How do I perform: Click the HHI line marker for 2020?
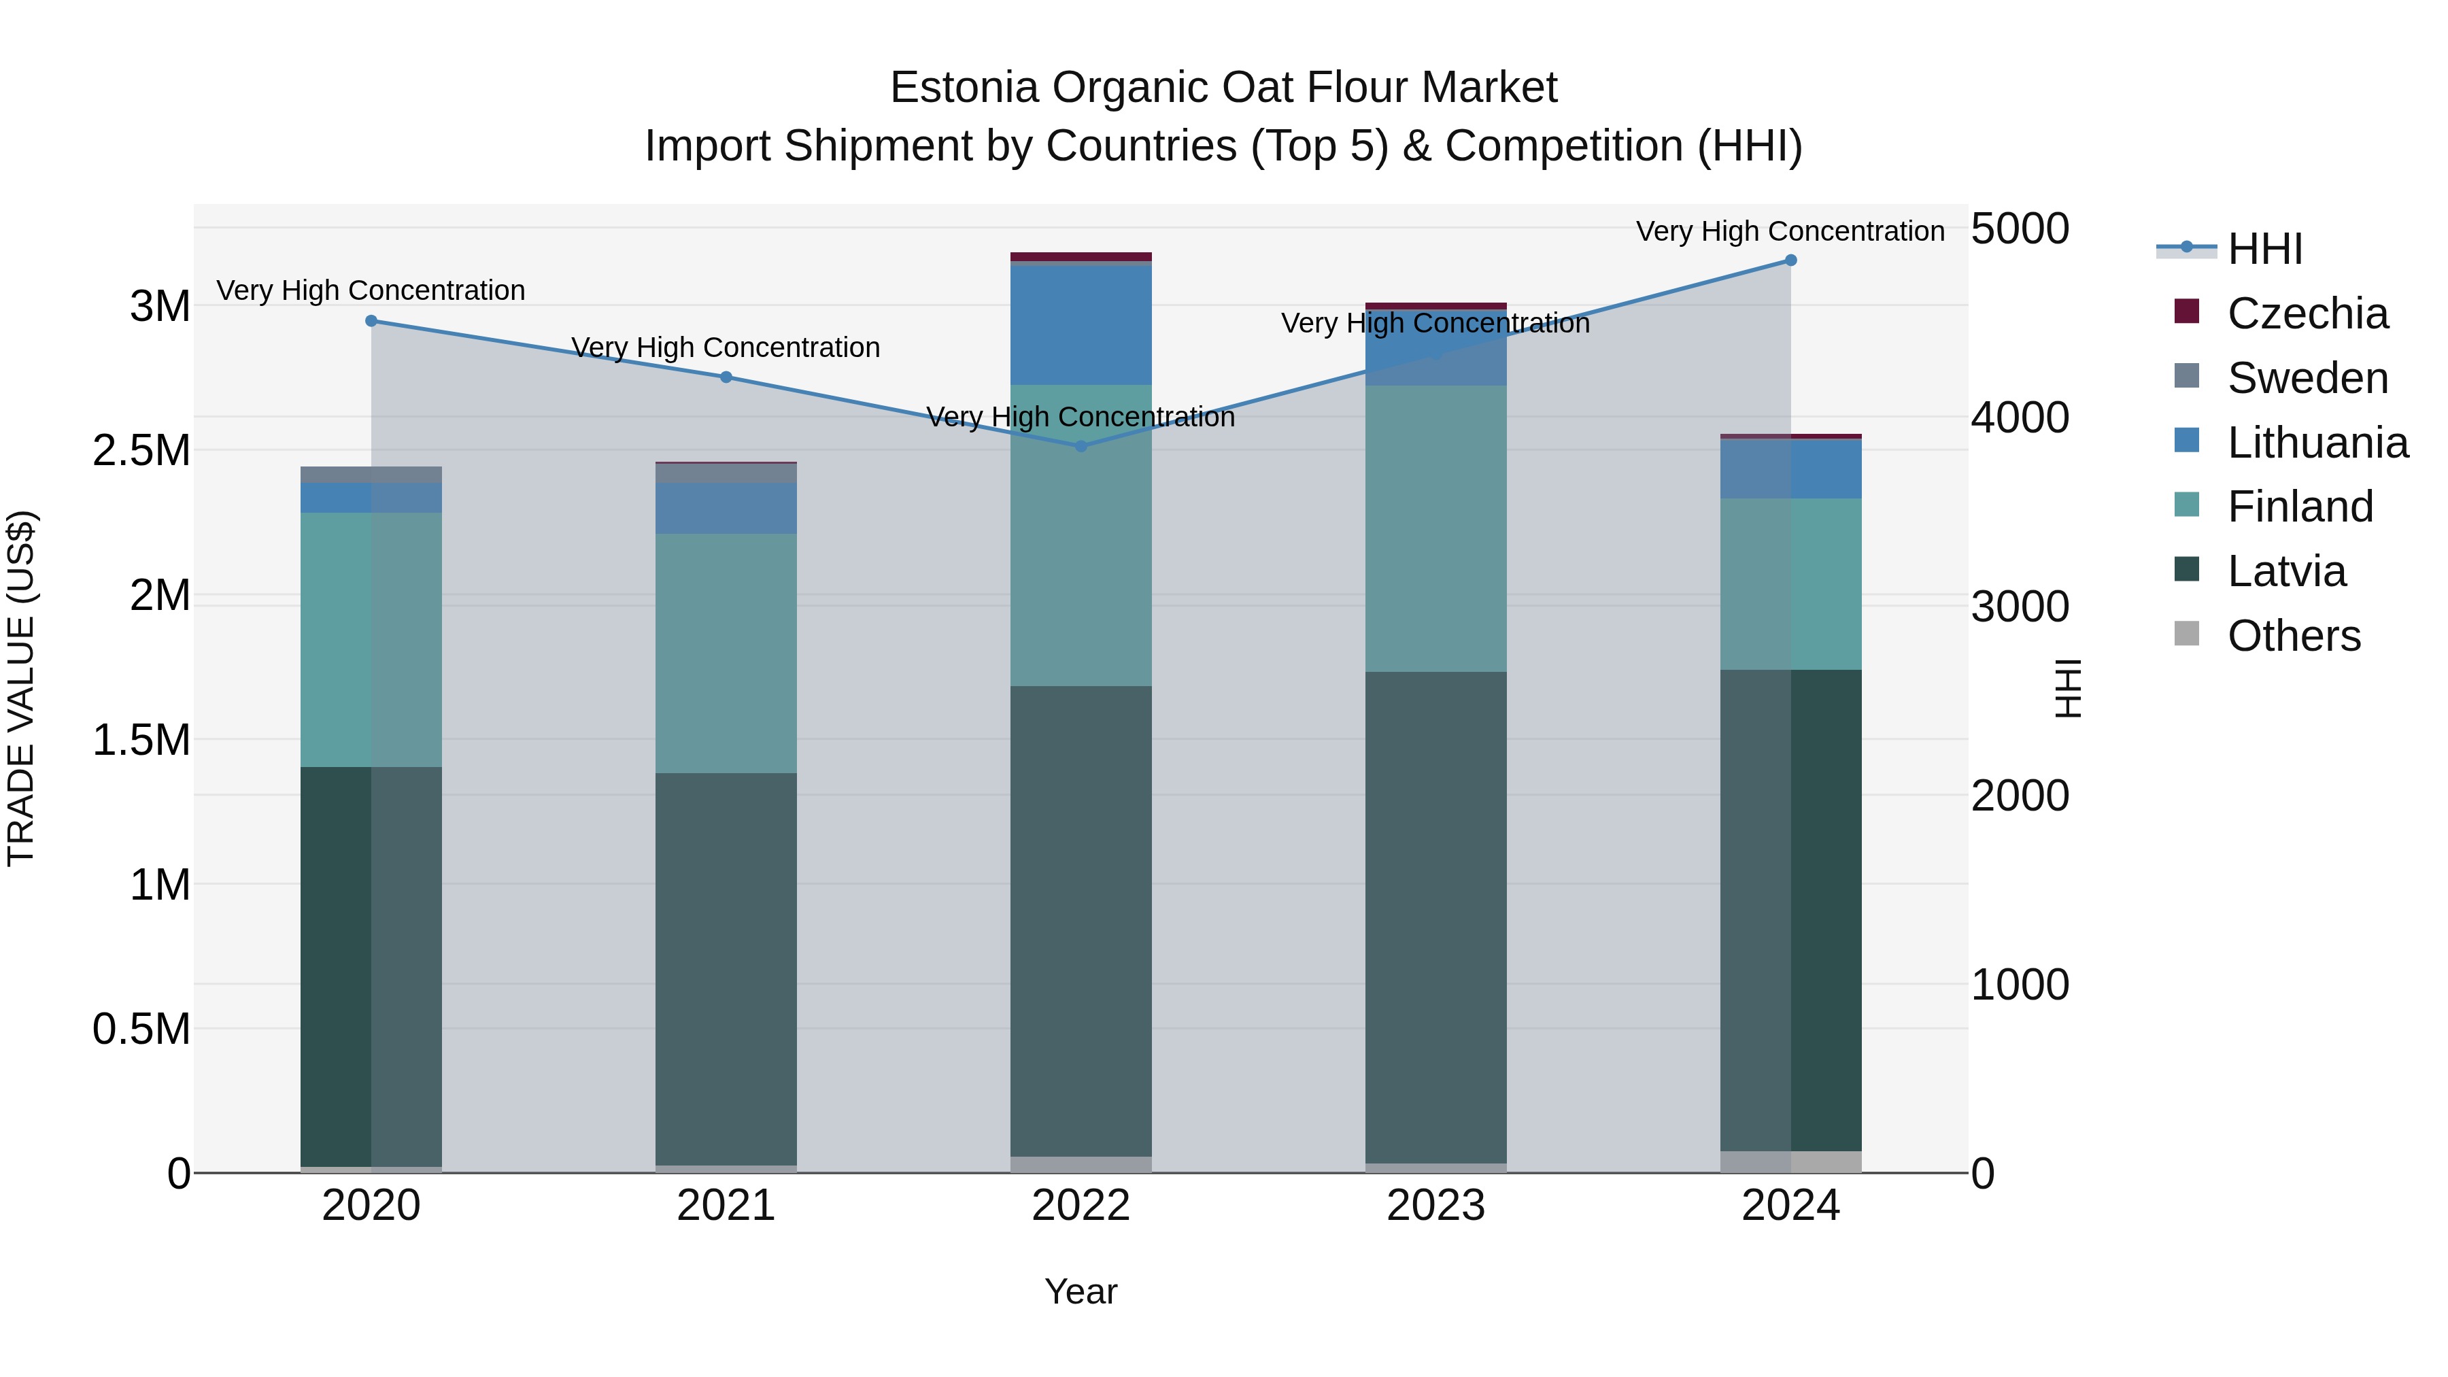tap(371, 321)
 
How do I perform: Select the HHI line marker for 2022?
tap(1081, 445)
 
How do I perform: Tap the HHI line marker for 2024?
tap(1790, 260)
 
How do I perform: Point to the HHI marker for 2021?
tap(726, 377)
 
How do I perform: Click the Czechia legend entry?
tap(2307, 313)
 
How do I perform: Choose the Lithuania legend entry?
tap(2317, 443)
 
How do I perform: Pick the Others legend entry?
tap(2293, 636)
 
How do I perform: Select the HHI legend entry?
tap(2264, 249)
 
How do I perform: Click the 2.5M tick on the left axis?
tap(141, 450)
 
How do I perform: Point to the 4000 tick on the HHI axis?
tap(2020, 418)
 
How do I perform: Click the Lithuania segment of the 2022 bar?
tap(1081, 325)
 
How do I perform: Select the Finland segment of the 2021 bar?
tap(726, 653)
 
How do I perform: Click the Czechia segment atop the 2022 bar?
tap(1081, 256)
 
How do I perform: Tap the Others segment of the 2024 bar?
tap(1790, 1161)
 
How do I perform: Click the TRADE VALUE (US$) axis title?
tap(22, 688)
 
